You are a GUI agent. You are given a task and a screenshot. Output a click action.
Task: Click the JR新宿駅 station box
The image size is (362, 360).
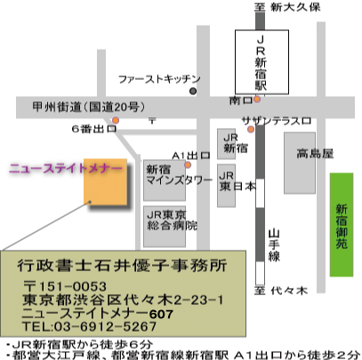pos(261,62)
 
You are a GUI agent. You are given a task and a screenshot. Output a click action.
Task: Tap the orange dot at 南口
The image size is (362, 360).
pos(257,100)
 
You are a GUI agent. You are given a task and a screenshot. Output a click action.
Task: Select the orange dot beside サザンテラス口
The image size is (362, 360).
pos(251,129)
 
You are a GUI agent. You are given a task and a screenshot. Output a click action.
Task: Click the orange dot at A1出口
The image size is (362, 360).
pos(188,164)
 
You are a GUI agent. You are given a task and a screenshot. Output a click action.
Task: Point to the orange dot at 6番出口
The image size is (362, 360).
pos(116,120)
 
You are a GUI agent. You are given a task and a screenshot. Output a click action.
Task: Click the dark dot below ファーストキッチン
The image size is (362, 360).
pos(193,92)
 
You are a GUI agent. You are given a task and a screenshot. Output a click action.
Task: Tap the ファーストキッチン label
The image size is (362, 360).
pos(159,79)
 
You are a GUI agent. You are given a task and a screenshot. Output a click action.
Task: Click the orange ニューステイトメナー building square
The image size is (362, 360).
pos(106,182)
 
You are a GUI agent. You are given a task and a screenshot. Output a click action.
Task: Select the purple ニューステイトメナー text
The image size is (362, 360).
pos(66,169)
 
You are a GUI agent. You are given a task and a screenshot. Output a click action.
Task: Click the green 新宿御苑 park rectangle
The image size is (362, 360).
pos(342,225)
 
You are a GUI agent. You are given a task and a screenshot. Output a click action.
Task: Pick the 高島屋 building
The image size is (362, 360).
pos(300,163)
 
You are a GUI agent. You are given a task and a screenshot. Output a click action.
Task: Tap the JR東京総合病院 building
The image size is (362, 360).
pos(165,227)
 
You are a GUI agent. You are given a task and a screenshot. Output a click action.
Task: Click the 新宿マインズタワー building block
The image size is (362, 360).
pos(165,180)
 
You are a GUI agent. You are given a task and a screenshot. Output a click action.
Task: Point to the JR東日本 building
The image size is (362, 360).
pos(226,186)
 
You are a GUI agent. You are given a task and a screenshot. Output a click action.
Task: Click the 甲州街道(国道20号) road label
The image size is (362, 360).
pos(89,107)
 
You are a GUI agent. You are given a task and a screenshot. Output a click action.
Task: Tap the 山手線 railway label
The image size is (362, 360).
pos(274,245)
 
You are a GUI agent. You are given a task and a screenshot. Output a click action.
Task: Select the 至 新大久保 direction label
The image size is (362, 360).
pos(287,7)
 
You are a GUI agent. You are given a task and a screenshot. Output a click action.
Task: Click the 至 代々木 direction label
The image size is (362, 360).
pos(280,291)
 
